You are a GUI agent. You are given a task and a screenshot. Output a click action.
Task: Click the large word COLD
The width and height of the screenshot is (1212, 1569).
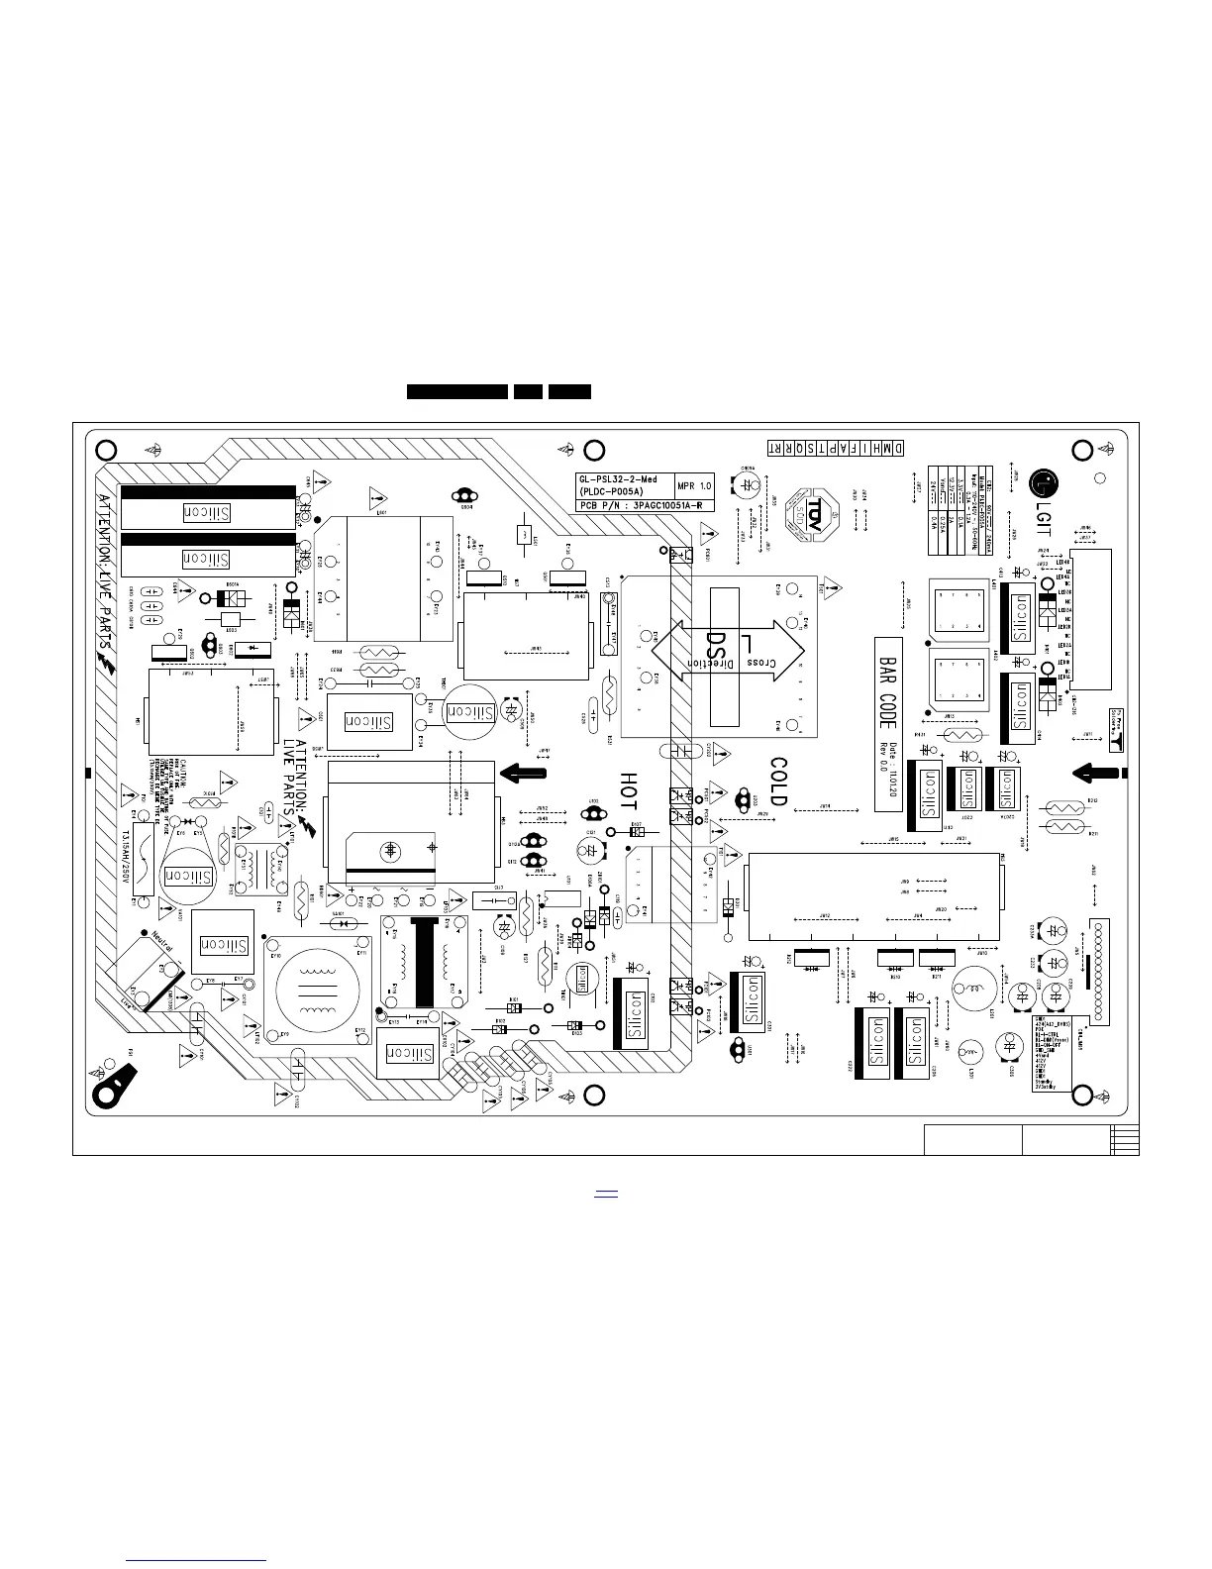click(778, 783)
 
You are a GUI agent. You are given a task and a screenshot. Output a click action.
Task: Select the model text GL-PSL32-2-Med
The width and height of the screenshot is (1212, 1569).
click(617, 479)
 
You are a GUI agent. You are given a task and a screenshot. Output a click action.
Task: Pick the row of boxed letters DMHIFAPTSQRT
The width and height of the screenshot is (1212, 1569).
click(836, 449)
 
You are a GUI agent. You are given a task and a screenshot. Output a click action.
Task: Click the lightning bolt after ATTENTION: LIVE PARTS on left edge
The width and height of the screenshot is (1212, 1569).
click(107, 661)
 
